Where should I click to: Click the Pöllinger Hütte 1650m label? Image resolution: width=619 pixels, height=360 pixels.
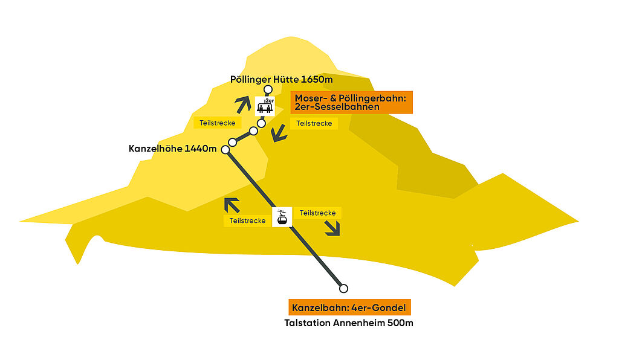[x=282, y=79]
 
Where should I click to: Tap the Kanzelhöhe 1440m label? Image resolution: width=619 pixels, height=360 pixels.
[x=172, y=149]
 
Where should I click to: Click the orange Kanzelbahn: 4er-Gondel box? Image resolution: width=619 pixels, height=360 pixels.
[x=349, y=307]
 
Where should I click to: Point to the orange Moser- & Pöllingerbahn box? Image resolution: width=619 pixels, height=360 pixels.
[x=351, y=102]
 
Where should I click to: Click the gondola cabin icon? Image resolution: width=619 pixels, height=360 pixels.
[x=282, y=217]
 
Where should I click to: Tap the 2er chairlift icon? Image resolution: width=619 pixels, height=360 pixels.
[x=265, y=106]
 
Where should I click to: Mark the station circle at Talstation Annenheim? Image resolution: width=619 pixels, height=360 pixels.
[x=344, y=288]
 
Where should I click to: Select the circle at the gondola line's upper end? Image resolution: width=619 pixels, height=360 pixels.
[x=225, y=149]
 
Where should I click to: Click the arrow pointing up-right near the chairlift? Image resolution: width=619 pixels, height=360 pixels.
[x=242, y=103]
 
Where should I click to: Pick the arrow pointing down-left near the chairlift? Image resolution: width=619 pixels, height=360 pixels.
[x=279, y=133]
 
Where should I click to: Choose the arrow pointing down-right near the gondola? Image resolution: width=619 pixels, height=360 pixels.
[x=331, y=228]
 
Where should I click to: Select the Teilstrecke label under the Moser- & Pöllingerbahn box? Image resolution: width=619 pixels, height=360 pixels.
[x=311, y=123]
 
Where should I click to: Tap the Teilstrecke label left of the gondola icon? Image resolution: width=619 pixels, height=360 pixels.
[x=247, y=221]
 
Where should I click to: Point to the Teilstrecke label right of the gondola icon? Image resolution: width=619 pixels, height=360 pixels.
[x=318, y=213]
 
